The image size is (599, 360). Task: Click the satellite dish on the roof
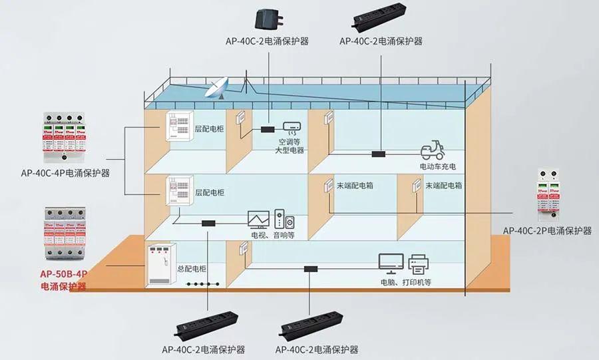217,87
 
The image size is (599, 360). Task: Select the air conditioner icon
293,126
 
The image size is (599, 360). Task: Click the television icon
258,220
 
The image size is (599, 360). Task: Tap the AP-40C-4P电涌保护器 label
65,173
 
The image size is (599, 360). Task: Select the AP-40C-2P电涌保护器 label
547,230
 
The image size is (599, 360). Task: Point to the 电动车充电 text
439,166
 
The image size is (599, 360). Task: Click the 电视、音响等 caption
272,235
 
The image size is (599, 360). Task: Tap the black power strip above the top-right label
381,17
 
